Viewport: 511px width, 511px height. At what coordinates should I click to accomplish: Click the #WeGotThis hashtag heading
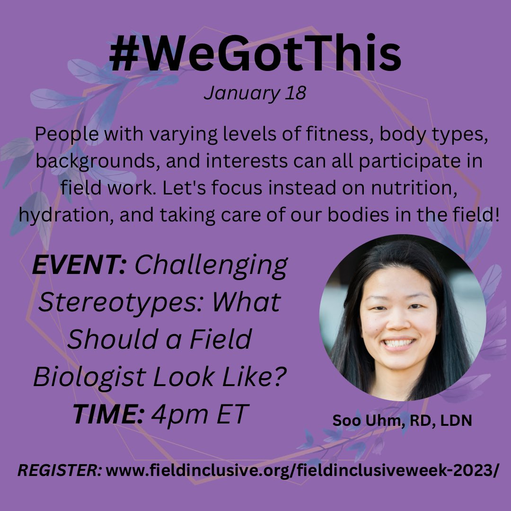[255, 56]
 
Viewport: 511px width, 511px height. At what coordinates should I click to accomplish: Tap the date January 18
[255, 93]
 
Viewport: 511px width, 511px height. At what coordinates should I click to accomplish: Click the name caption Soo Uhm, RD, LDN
[402, 421]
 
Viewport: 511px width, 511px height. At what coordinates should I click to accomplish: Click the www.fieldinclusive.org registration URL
[301, 471]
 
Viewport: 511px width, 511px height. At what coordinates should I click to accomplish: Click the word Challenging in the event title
[211, 266]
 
